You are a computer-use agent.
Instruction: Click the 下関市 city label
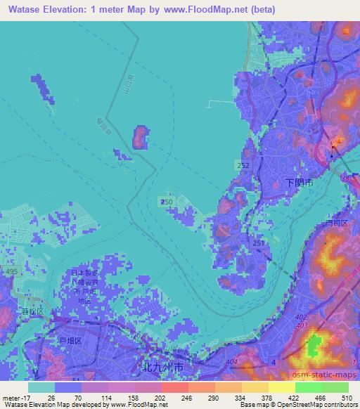[x=298, y=181]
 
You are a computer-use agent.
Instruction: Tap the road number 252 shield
[x=243, y=164]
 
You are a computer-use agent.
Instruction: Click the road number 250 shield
[x=165, y=202]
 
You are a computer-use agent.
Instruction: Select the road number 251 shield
[x=259, y=242]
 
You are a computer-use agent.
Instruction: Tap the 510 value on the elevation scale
[x=347, y=396]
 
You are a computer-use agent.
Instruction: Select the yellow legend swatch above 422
[x=282, y=387]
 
